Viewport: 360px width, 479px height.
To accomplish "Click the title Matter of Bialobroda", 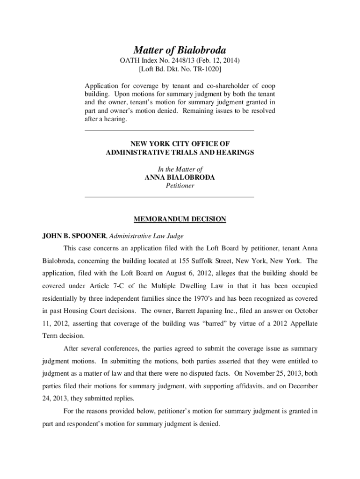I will click(180, 50).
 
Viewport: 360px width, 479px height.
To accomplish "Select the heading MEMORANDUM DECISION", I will click(180, 219).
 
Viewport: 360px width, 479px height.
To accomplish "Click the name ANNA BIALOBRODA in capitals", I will click(180, 177).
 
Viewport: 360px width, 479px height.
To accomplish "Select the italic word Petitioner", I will click(180, 186).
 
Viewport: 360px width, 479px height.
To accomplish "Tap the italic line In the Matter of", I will click(180, 169).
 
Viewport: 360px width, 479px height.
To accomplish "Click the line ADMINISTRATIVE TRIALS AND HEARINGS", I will click(180, 152).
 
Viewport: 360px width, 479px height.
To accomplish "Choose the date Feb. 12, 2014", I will click(221, 61).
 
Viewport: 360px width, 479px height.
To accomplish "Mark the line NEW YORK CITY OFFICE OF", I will click(180, 144).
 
